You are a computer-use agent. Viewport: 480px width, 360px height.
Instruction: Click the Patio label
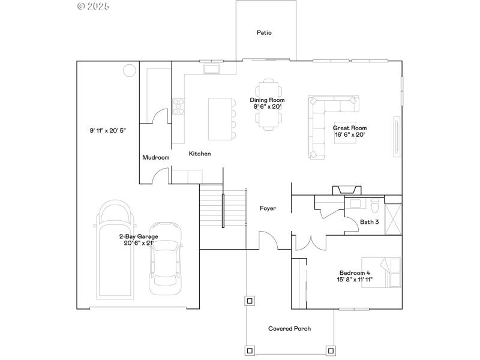tap(264, 32)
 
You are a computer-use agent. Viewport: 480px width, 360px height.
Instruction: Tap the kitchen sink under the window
tap(212, 69)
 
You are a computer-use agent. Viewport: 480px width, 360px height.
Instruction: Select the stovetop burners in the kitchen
tap(178, 107)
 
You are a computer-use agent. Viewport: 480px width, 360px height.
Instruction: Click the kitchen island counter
tap(220, 119)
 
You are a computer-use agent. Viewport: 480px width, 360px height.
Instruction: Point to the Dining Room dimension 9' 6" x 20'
tap(267, 107)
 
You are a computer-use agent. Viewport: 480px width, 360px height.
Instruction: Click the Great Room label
tap(350, 128)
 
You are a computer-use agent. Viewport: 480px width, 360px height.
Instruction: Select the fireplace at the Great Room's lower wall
tap(347, 190)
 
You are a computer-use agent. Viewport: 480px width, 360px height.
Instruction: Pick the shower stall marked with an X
tap(393, 219)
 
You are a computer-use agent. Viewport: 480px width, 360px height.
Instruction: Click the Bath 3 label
tap(369, 222)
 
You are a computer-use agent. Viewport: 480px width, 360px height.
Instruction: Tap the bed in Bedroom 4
tap(381, 273)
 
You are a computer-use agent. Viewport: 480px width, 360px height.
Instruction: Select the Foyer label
tap(268, 208)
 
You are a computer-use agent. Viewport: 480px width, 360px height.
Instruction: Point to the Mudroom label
tap(156, 157)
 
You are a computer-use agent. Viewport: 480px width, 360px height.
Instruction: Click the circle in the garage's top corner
tap(129, 71)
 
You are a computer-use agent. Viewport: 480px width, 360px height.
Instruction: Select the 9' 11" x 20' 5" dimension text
tap(108, 130)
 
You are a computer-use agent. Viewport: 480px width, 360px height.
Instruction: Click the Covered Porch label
tap(289, 328)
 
